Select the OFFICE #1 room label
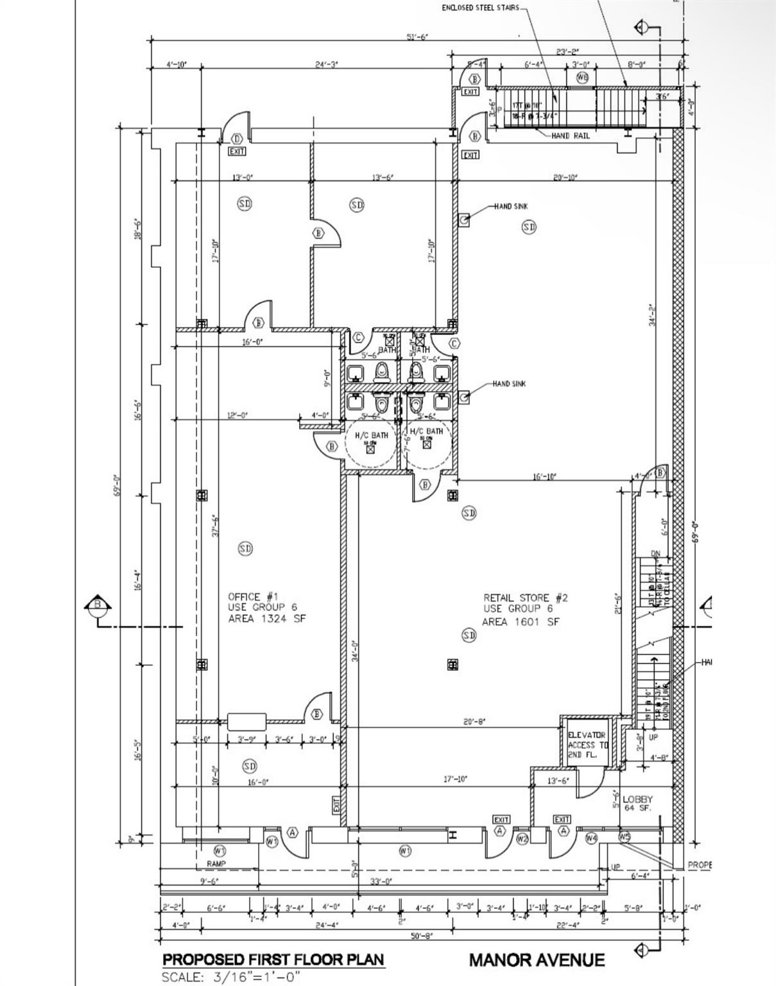click(254, 596)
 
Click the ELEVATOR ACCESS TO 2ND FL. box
click(587, 745)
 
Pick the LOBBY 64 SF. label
click(637, 803)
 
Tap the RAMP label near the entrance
click(216, 864)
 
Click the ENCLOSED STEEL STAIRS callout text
click(480, 8)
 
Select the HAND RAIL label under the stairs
click(570, 136)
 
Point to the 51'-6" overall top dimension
click(418, 37)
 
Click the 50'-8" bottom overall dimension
click(422, 936)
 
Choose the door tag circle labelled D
click(237, 139)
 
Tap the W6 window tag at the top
click(582, 78)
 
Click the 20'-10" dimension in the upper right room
click(565, 177)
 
